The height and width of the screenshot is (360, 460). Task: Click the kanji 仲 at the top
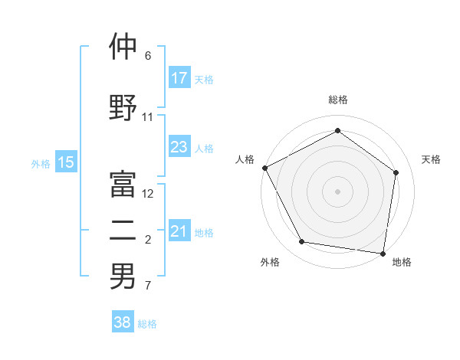(123, 47)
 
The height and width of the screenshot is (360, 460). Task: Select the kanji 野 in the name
(123, 106)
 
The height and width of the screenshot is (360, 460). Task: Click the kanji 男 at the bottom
(123, 277)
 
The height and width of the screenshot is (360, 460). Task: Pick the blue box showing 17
(179, 78)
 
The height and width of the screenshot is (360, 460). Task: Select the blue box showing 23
(179, 147)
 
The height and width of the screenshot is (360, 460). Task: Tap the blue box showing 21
(179, 231)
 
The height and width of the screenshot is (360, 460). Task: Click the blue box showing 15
(66, 162)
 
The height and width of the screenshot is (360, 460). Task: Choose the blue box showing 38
(123, 323)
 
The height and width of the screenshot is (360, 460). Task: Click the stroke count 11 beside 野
(148, 117)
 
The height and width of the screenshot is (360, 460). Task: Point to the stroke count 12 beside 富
(148, 194)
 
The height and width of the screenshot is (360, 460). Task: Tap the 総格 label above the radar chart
(337, 100)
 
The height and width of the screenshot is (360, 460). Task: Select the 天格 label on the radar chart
(431, 159)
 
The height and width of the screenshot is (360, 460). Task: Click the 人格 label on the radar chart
(245, 159)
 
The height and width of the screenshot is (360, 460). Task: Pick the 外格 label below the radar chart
(270, 262)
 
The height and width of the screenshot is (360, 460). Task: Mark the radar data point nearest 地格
(383, 253)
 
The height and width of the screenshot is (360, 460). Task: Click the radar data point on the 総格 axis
(337, 131)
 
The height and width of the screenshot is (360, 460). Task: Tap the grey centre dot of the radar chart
(337, 191)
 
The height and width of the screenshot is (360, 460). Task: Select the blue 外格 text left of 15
(41, 163)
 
